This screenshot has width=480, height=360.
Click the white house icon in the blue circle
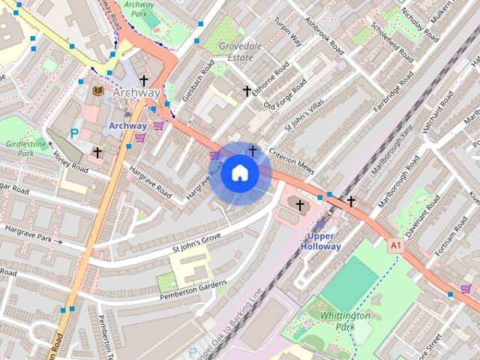239,173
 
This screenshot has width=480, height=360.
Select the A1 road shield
394,245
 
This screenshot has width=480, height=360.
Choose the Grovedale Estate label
240,50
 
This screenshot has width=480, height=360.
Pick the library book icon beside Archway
97,91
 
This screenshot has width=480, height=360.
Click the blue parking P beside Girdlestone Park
73,133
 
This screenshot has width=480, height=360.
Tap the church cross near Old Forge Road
247,91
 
